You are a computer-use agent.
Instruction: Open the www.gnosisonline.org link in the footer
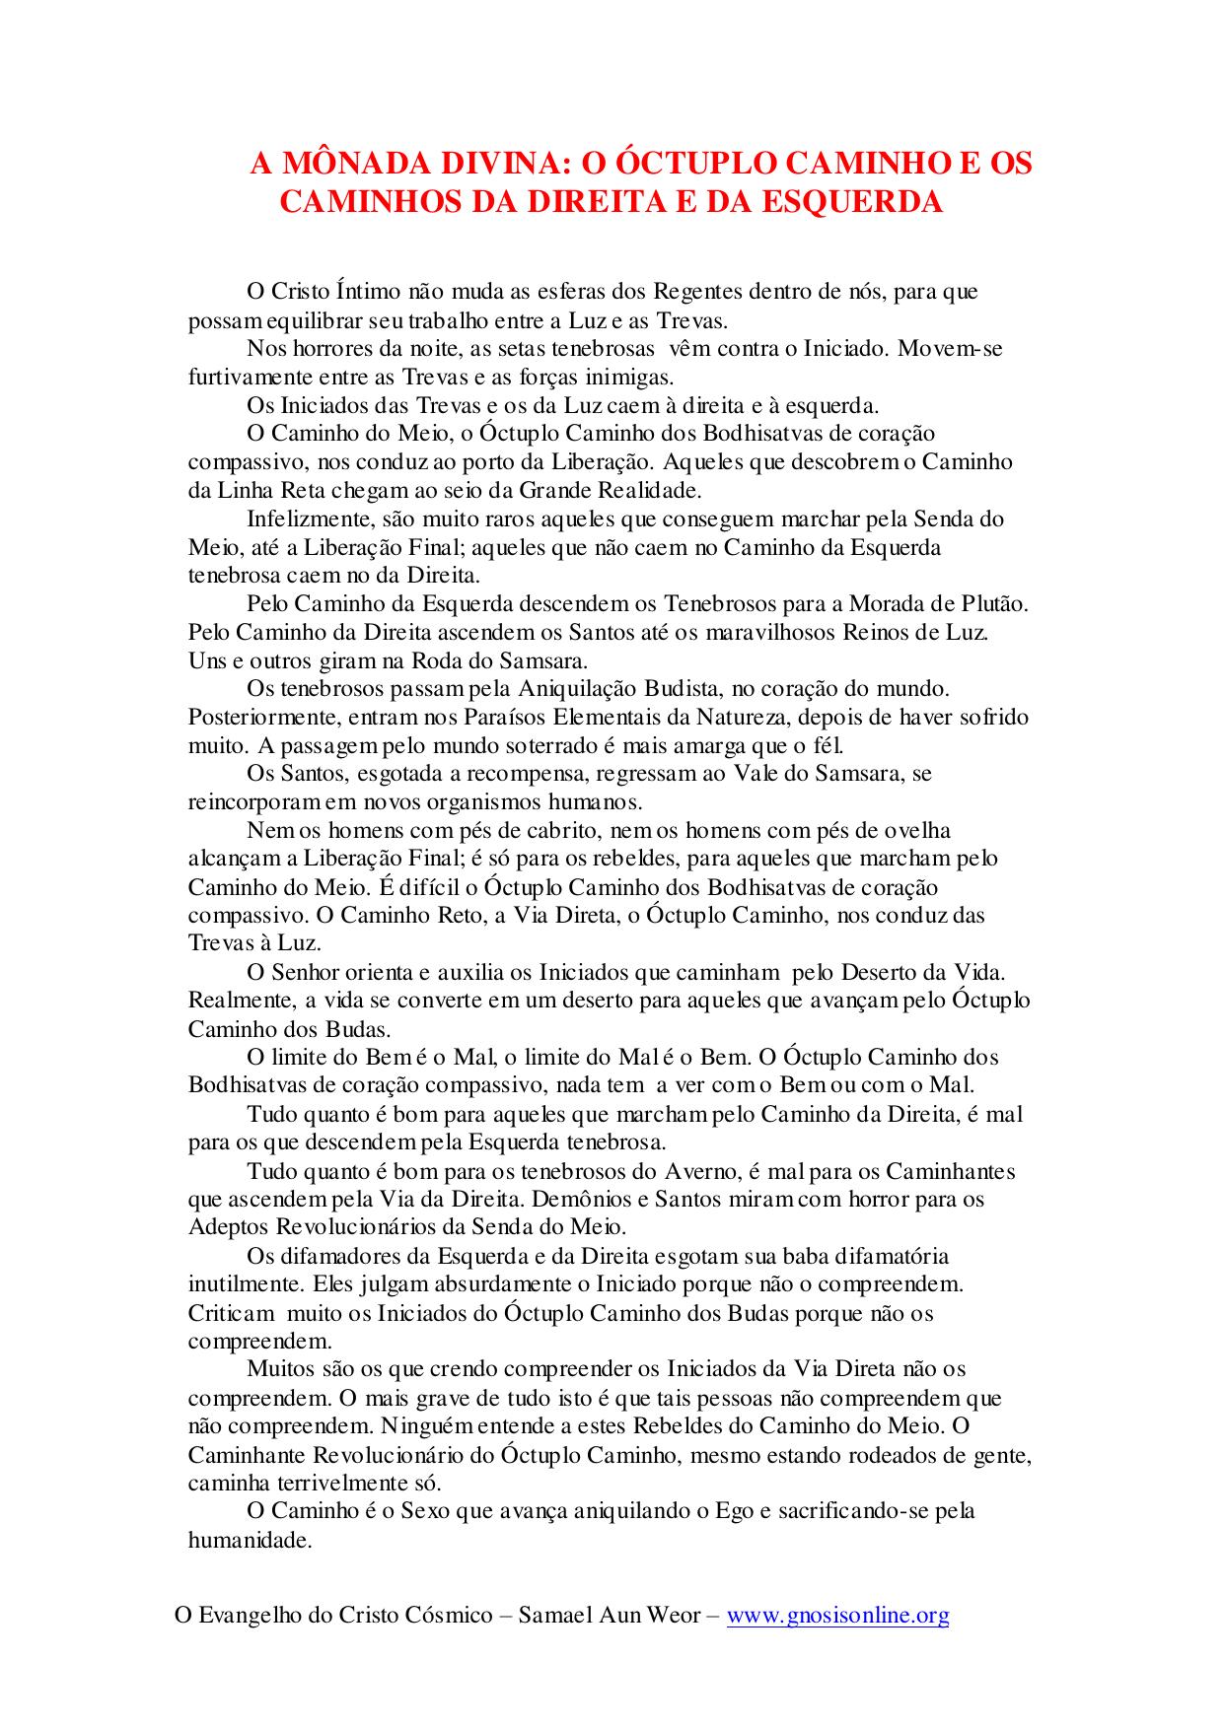pyautogui.click(x=837, y=1616)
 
